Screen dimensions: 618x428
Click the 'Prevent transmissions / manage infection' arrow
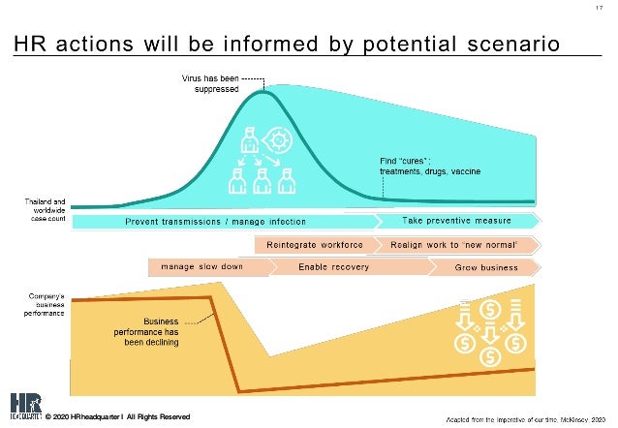point(222,222)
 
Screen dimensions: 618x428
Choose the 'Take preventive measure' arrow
point(456,222)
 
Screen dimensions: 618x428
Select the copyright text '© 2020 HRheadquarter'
point(117,416)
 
